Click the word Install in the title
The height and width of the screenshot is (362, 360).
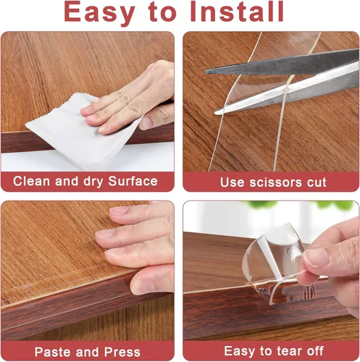tap(237, 12)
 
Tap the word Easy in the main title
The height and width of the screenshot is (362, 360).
tap(100, 13)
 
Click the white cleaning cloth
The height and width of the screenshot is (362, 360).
tap(82, 132)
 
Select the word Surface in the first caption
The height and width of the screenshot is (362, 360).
tap(133, 181)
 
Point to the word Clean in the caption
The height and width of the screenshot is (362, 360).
tap(32, 181)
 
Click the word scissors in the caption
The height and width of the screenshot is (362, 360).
tap(276, 182)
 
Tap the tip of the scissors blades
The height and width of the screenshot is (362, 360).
tap(206, 72)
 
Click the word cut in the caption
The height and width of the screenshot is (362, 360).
tap(317, 182)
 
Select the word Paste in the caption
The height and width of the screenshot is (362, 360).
tap(53, 352)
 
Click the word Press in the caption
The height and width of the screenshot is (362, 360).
tap(122, 352)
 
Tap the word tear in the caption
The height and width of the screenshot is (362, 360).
tap(289, 351)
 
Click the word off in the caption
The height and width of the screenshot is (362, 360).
tap(314, 351)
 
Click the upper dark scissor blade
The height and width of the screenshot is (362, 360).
tap(282, 63)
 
